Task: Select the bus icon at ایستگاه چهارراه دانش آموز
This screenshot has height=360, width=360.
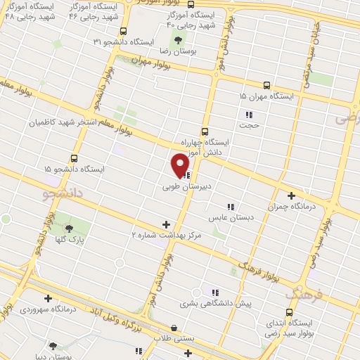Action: tap(205, 131)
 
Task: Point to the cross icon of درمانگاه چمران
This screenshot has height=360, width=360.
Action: tap(291, 196)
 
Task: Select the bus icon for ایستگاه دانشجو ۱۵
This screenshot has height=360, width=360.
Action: tap(75, 158)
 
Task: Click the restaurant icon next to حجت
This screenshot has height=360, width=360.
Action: tap(247, 115)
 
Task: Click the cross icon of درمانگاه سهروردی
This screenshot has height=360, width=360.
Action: tap(47, 298)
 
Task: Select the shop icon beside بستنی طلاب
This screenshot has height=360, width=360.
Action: tap(174, 327)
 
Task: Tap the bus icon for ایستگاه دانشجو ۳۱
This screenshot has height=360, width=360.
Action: tap(124, 31)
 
